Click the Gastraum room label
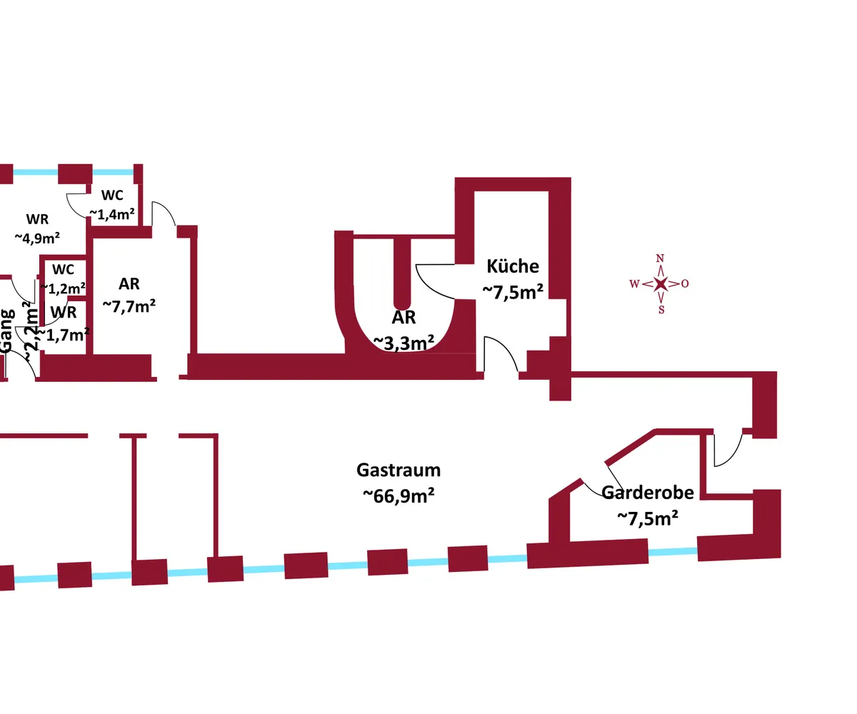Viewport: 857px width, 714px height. pos(399,471)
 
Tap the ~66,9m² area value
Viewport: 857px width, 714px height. pos(399,495)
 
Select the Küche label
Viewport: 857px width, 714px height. pos(513,266)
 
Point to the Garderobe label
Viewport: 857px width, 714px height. pos(647,493)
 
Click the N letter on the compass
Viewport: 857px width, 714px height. pos(661,258)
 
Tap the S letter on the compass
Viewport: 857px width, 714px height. pos(661,310)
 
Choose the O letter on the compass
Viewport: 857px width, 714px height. pos(685,283)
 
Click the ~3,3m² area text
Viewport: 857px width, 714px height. pos(404,343)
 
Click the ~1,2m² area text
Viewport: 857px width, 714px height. pos(64,288)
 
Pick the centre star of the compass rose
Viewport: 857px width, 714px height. pos(661,284)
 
